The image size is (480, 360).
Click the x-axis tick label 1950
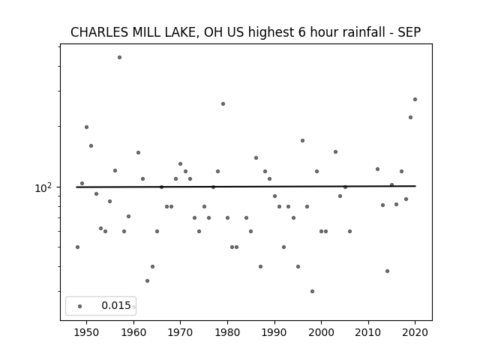[87, 332]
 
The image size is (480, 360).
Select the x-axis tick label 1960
[133, 332]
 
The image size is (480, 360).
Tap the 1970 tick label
[180, 332]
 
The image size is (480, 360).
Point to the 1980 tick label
[227, 332]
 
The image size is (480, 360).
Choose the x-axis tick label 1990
[274, 332]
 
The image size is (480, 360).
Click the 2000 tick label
[321, 332]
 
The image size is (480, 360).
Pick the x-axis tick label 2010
[368, 332]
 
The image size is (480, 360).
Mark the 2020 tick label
[415, 332]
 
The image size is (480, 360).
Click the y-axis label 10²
[43, 187]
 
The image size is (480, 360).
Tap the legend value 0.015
[116, 305]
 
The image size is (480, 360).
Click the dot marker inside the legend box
[80, 306]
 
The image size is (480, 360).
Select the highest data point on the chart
[120, 57]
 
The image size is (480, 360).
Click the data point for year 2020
[415, 99]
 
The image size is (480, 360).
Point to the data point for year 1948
[77, 247]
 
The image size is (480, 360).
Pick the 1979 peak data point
[223, 103]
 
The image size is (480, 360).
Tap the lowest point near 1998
[312, 291]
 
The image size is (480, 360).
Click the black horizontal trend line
[246, 187]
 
